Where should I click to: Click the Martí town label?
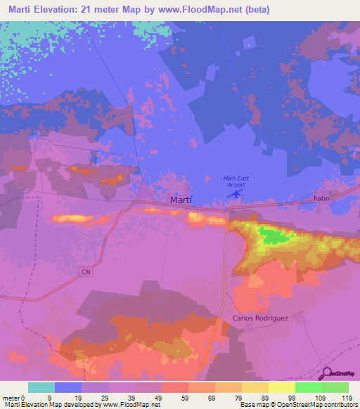[181, 200]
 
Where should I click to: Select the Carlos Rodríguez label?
[260, 318]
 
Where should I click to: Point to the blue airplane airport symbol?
[237, 192]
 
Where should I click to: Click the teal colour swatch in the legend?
[41, 387]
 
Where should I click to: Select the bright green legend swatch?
[307, 387]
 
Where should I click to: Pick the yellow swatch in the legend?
[281, 387]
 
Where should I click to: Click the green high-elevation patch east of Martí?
[273, 235]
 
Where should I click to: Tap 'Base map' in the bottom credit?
[252, 405]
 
